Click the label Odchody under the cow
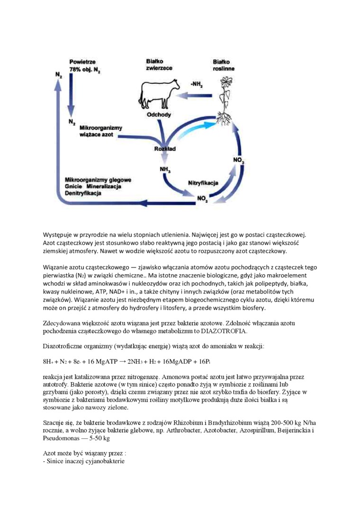159,115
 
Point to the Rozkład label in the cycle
165,149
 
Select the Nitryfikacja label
203,182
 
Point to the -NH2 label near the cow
196,84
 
